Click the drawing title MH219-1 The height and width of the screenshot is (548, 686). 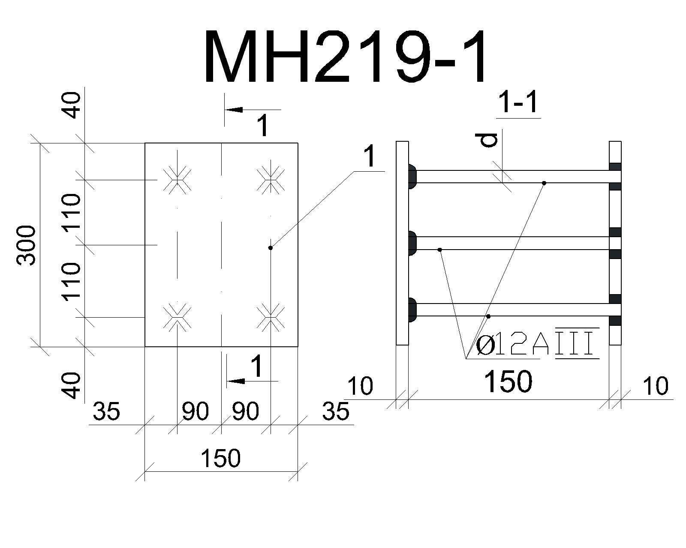346,56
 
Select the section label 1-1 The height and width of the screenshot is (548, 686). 519,102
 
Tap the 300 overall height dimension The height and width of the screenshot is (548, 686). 26,245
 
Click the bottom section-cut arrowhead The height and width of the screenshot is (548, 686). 237,381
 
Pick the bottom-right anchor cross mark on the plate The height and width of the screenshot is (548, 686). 271,317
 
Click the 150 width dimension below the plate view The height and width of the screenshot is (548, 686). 220,458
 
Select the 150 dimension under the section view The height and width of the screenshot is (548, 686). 508,381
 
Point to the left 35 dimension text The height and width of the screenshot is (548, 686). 106,411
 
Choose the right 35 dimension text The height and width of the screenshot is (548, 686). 336,411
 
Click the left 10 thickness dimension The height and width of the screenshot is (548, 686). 360,386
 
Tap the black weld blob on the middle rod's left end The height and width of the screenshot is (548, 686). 412,243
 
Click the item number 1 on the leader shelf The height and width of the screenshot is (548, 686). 370,156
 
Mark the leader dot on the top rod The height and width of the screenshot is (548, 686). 544,183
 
